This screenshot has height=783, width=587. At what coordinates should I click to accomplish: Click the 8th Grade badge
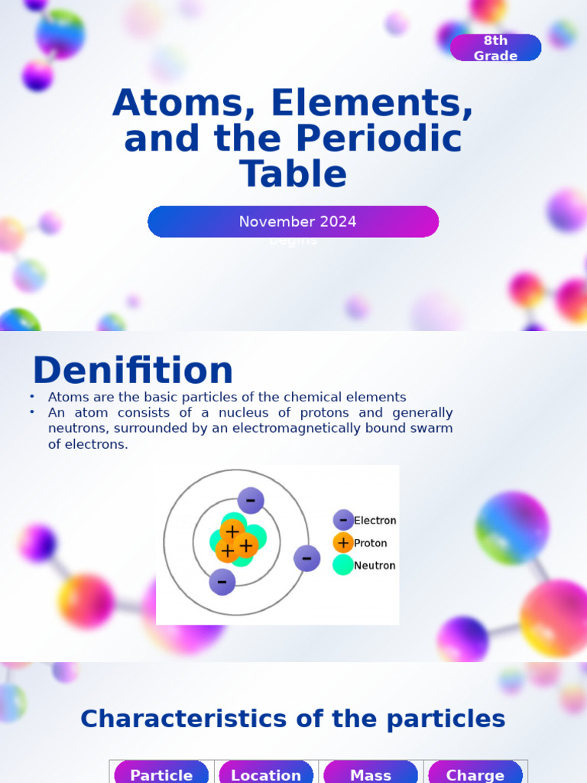495,48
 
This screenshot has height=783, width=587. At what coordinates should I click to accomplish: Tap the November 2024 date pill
293,222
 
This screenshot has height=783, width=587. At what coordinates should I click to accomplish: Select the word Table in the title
293,174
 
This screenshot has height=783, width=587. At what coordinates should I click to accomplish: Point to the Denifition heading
132,371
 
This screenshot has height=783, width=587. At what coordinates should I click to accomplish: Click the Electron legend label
375,521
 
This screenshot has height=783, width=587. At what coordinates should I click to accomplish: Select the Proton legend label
371,544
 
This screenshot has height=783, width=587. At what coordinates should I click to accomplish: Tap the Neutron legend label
375,566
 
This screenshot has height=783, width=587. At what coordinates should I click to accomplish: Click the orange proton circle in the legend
343,544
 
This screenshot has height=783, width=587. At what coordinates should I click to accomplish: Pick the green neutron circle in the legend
343,566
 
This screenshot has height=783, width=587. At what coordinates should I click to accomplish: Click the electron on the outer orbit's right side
306,558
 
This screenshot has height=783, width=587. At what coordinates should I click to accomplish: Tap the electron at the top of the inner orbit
251,501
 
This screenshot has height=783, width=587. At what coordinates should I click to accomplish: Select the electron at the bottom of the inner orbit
222,582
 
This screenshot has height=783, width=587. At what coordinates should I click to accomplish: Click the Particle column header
161,775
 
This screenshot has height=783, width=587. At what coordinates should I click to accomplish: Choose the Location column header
266,775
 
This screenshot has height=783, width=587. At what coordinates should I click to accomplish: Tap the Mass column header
371,775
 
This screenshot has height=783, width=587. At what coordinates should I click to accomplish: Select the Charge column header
475,775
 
